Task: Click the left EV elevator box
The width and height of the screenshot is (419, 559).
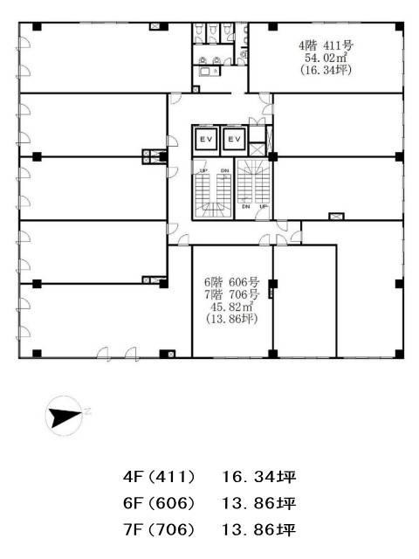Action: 206,140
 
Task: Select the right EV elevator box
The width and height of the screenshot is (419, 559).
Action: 234,140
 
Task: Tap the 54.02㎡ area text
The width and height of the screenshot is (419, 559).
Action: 326,58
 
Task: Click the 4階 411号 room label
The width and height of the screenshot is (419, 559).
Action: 326,45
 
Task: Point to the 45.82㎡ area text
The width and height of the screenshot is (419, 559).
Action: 231,307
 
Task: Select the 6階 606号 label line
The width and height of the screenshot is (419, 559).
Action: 231,282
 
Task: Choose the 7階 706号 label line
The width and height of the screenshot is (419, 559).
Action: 231,294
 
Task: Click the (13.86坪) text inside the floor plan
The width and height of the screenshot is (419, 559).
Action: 231,318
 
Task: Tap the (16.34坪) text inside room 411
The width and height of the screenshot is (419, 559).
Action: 326,70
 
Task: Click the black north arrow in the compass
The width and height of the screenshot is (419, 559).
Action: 65,418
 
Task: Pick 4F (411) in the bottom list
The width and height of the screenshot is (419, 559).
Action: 159,477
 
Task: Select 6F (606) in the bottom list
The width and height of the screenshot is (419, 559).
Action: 159,503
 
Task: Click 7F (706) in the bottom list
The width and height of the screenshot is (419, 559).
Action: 159,530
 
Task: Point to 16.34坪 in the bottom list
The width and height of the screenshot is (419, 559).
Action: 259,477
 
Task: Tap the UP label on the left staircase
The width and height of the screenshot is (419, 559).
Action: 203,171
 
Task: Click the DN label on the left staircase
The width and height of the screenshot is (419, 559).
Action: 224,171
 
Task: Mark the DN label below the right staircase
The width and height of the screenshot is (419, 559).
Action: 246,206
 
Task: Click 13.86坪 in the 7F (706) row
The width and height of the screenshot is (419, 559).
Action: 259,530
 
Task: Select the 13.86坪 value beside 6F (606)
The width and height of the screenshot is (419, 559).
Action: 259,503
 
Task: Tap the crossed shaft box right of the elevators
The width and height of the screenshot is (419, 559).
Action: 257,149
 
